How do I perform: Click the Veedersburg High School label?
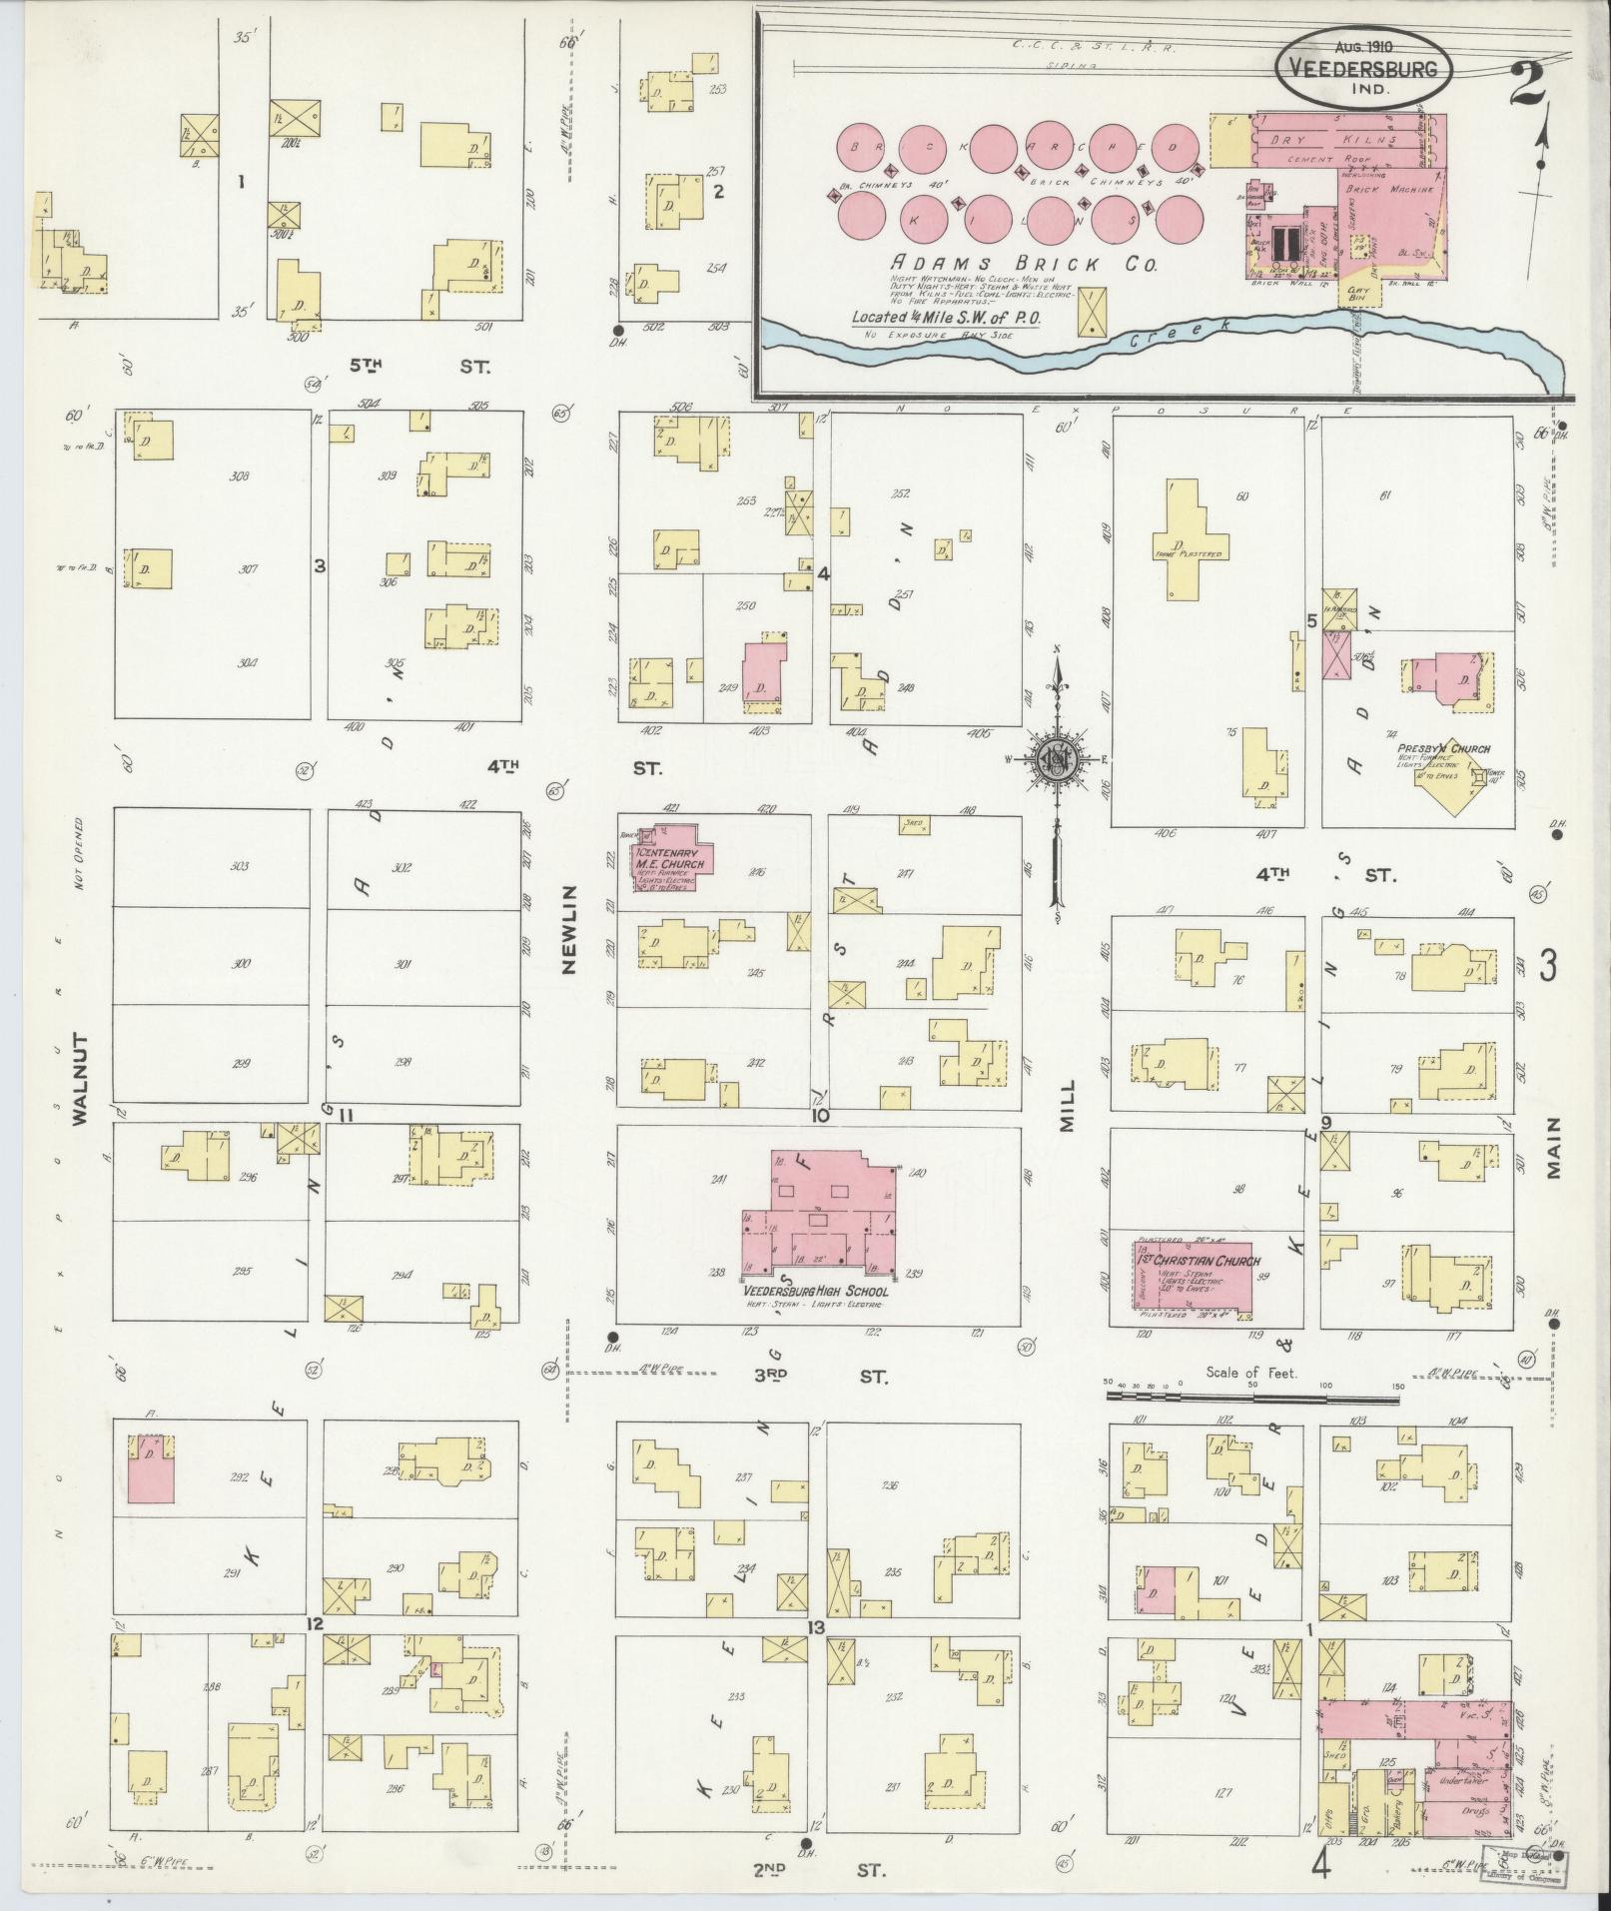click(x=814, y=1291)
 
